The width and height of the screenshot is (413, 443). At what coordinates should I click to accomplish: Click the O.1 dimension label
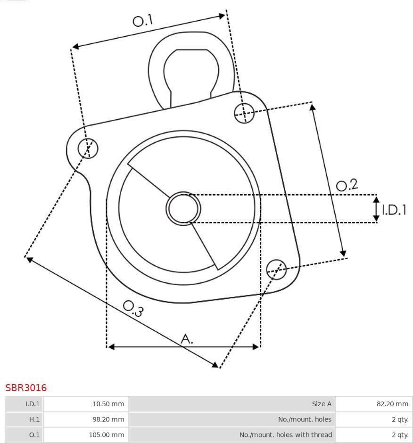(x=143, y=20)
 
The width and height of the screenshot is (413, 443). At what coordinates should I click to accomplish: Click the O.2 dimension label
(x=347, y=185)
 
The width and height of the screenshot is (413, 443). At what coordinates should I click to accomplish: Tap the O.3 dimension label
(x=133, y=308)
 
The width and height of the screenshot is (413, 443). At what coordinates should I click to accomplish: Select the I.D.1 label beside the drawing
(x=394, y=210)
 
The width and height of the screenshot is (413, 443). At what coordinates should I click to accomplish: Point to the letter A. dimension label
(x=187, y=338)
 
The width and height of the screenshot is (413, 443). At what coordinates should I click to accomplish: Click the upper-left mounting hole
(x=88, y=148)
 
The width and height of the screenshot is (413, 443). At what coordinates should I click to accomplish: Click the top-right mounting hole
(x=245, y=113)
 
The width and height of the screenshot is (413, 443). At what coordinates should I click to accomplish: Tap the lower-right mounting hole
(x=276, y=270)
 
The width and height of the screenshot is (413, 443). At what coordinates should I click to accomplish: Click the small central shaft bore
(x=183, y=208)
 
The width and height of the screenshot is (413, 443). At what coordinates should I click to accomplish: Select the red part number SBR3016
(x=26, y=387)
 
